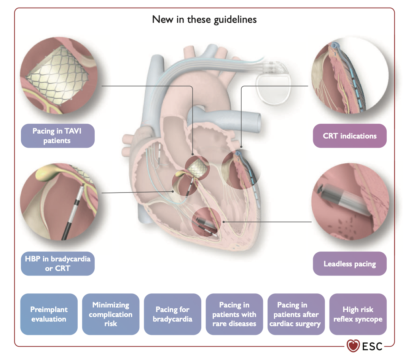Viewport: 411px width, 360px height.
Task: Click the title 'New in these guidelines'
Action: click(204, 19)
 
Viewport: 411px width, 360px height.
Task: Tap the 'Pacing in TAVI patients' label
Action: click(57, 136)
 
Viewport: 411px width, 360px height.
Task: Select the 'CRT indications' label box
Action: click(349, 136)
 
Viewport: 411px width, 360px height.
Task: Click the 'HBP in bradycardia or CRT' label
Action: click(57, 264)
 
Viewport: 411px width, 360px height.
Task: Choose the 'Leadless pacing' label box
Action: click(349, 264)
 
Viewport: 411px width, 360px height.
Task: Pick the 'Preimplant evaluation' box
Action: click(49, 314)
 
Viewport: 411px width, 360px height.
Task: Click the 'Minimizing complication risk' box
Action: click(110, 314)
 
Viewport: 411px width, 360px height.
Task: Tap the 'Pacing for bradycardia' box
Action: click(172, 314)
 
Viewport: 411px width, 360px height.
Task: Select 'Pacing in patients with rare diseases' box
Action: click(234, 314)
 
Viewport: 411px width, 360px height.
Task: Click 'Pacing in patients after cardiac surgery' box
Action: click(296, 314)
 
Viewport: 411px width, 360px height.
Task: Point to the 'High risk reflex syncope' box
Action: click(358, 314)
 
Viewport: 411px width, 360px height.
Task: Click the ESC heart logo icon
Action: click(353, 346)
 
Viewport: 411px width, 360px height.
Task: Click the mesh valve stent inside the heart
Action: click(197, 166)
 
